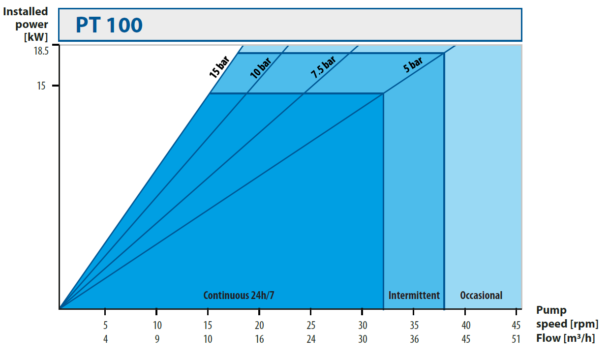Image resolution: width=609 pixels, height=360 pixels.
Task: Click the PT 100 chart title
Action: point(109,25)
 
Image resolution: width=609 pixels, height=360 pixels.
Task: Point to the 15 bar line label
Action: point(219,67)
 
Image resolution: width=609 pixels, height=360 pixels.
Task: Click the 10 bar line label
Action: point(260,68)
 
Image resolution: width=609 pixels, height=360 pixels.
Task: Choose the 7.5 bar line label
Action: point(323,67)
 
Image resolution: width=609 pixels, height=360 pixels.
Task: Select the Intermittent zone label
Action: point(414,296)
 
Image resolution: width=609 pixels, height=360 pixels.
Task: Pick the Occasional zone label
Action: point(481,296)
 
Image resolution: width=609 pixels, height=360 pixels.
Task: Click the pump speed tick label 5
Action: point(105,325)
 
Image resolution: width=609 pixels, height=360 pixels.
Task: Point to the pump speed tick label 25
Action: point(311,325)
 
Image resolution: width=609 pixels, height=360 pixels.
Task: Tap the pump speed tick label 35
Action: point(414,325)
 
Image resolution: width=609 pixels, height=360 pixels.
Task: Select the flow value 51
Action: point(516,339)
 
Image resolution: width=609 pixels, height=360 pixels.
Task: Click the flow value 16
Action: point(259,339)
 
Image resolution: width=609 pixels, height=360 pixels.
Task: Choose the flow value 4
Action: point(105,339)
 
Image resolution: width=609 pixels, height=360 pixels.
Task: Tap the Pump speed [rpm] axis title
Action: point(567,317)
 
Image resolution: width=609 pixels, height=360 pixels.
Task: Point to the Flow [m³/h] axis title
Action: point(565,338)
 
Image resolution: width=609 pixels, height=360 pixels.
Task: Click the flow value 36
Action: point(414,339)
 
